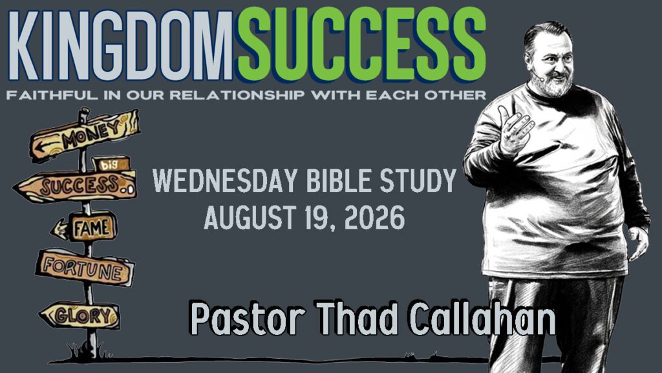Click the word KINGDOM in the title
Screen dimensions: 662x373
pos(120,45)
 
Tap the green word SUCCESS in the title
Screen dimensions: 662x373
pos(362,45)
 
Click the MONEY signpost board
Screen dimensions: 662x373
pos(85,134)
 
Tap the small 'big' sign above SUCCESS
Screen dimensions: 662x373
pos(111,164)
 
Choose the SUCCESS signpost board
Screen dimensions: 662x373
pos(76,186)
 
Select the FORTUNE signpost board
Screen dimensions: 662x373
pos(85,268)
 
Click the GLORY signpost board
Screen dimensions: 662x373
pos(80,315)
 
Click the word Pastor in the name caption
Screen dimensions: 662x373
pos(247,318)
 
